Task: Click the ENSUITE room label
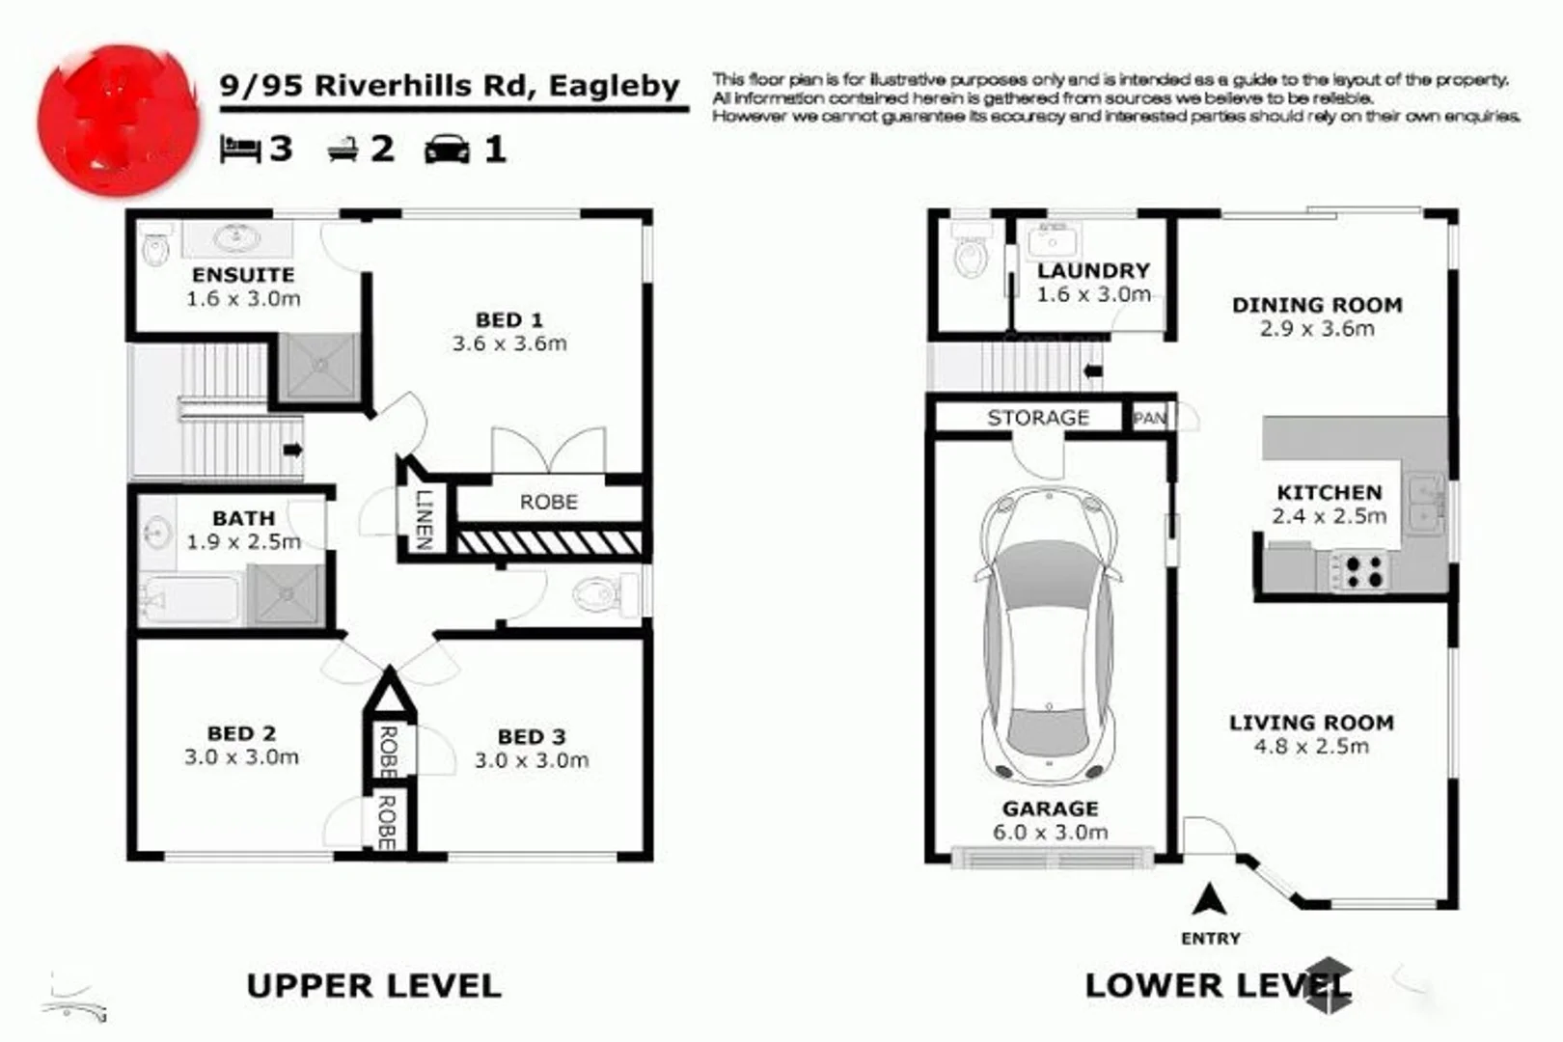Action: click(242, 275)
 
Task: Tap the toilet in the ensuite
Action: click(155, 250)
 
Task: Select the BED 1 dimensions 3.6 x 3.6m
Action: click(509, 343)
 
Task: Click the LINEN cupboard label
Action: click(423, 519)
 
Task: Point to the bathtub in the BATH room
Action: click(190, 598)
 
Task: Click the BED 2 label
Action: click(241, 733)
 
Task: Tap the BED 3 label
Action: click(531, 737)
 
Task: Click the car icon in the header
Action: click(447, 150)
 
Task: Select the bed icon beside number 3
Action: click(240, 149)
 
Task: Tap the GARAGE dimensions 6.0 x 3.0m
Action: click(1050, 833)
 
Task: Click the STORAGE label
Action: click(1038, 418)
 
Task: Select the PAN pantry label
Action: click(1149, 418)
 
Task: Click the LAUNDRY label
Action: click(1093, 271)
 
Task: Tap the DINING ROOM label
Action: click(1317, 305)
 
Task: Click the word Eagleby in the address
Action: click(615, 85)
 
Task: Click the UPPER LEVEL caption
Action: click(373, 986)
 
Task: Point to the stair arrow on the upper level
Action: click(292, 450)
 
